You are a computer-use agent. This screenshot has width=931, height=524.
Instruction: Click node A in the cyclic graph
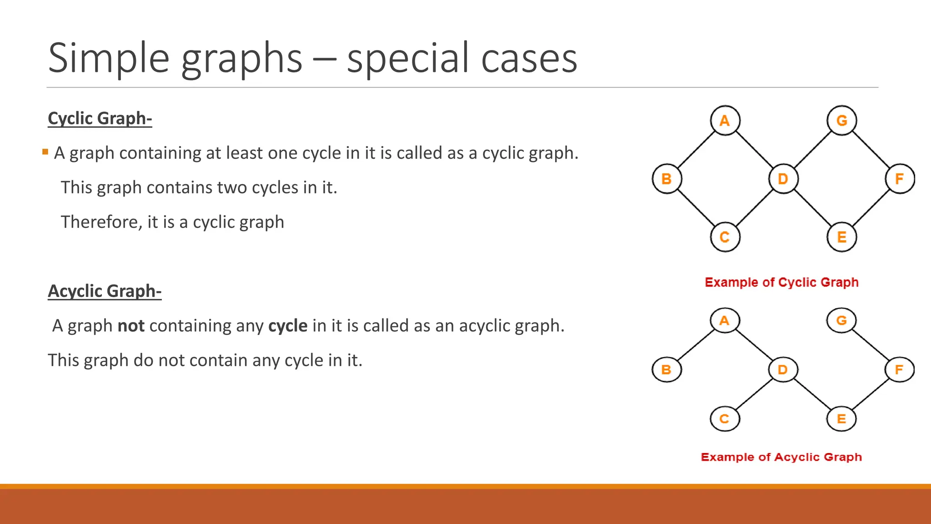pyautogui.click(x=725, y=121)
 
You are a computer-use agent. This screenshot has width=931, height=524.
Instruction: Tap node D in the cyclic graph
pyautogui.click(x=783, y=179)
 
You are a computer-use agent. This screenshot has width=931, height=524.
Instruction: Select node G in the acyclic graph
pyautogui.click(x=841, y=320)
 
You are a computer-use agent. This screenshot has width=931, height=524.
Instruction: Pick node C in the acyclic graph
pyautogui.click(x=725, y=418)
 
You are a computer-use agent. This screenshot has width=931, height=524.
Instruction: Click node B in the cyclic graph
pyautogui.click(x=666, y=179)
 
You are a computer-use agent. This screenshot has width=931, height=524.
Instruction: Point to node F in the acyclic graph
pyautogui.click(x=899, y=369)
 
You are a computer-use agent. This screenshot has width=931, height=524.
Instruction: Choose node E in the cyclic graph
pyautogui.click(x=841, y=237)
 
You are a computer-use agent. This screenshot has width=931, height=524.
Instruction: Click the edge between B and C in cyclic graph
pyautogui.click(x=696, y=208)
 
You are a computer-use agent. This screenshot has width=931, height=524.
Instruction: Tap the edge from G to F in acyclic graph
pyautogui.click(x=870, y=345)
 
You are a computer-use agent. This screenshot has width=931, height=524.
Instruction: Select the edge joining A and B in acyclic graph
pyautogui.click(x=696, y=345)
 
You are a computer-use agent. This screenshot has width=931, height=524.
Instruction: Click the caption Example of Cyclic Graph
pyautogui.click(x=781, y=282)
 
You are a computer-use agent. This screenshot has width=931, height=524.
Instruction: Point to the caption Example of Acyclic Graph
pyautogui.click(x=781, y=457)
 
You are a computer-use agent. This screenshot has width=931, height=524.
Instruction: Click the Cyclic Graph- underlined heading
pyautogui.click(x=100, y=118)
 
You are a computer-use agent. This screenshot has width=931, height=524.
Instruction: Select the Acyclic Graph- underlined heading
pyautogui.click(x=105, y=291)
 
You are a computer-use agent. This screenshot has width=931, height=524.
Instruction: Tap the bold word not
pyautogui.click(x=131, y=326)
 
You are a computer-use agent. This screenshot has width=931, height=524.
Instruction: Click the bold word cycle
pyautogui.click(x=288, y=326)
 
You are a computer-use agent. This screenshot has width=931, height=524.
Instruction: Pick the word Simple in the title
pyautogui.click(x=109, y=58)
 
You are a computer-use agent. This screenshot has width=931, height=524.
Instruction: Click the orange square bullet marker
pyautogui.click(x=45, y=152)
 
